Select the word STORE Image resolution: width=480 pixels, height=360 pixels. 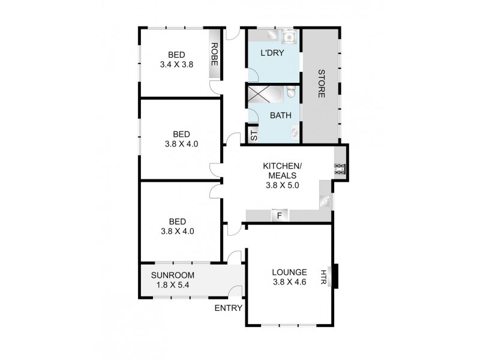[x=321, y=85]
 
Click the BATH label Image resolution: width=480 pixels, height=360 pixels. [x=281, y=115]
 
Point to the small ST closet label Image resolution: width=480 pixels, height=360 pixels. [x=254, y=134]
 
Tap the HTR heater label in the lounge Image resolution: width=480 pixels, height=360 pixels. [x=325, y=277]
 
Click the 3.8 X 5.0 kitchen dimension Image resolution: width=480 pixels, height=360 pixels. [x=282, y=185]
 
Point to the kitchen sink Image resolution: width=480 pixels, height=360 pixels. [x=326, y=202]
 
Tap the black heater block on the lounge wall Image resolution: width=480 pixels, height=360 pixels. [x=335, y=277]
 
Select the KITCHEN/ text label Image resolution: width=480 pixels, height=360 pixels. [x=281, y=165]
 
